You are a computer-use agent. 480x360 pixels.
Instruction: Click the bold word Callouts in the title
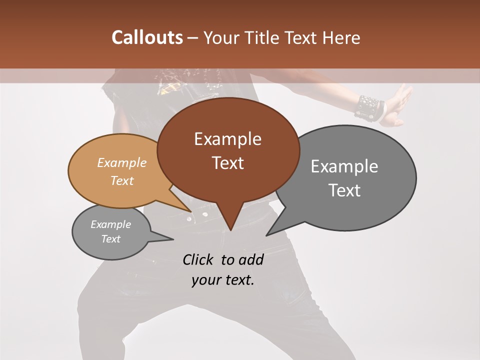(x=147, y=37)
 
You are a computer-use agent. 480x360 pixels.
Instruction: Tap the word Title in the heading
(x=264, y=37)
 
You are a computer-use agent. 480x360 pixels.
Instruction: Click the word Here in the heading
(x=341, y=37)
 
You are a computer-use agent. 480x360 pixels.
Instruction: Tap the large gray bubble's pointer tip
(x=267, y=235)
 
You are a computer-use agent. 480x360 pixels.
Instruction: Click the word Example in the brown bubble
(x=227, y=139)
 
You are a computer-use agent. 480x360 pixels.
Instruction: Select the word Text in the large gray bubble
(x=345, y=190)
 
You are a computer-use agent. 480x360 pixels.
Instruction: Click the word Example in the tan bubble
(x=122, y=163)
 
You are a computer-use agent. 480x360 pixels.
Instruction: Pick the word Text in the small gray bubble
(x=111, y=239)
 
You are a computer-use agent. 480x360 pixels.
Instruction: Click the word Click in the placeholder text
(x=199, y=259)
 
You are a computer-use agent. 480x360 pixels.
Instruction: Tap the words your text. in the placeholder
(x=223, y=280)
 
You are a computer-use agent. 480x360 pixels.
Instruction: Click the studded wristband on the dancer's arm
(x=369, y=107)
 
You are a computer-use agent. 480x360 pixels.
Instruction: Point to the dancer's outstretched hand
(x=400, y=105)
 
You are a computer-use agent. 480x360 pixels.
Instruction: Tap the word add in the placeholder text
(x=251, y=259)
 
